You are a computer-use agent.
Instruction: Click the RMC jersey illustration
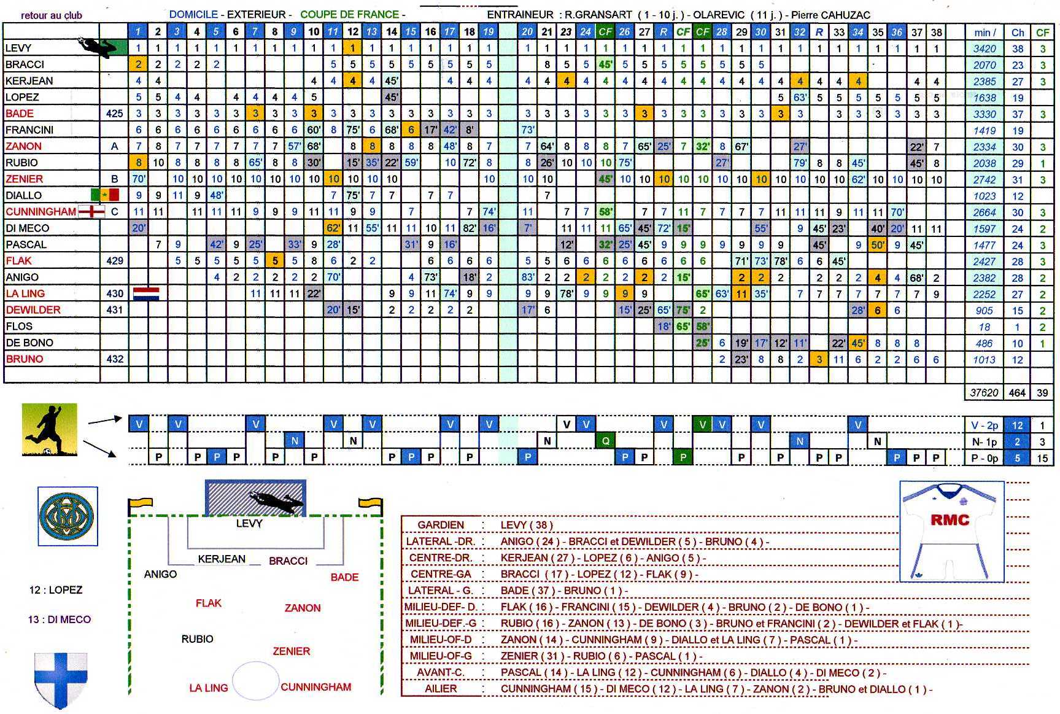tap(951, 530)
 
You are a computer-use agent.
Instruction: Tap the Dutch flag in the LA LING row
tap(146, 293)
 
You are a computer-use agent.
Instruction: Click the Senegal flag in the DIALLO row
tap(104, 195)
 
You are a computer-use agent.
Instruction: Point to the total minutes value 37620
tap(984, 393)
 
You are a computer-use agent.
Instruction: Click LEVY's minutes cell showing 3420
tap(984, 49)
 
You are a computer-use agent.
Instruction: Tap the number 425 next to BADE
tap(114, 114)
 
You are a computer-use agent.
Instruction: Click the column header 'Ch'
tap(1018, 33)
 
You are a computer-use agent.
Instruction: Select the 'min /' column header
tap(985, 33)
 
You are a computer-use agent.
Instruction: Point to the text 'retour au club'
tap(52, 15)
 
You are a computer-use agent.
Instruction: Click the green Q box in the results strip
tap(605, 441)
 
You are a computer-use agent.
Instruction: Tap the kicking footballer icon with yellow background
tap(50, 430)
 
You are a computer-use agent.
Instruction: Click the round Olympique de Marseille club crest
tap(68, 516)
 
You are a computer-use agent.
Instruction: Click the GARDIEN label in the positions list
tap(441, 525)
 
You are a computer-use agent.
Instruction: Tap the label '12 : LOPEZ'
tap(55, 590)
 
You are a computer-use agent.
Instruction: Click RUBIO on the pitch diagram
tap(197, 639)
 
